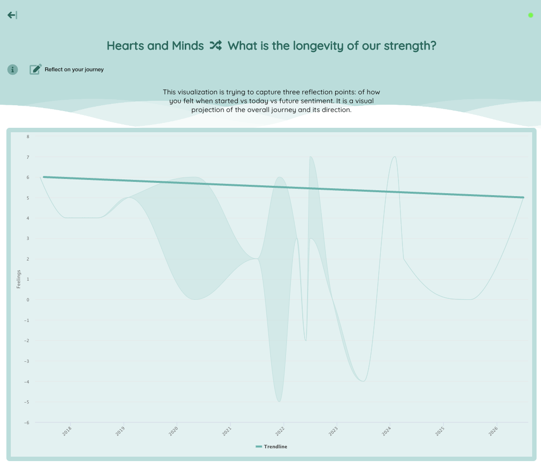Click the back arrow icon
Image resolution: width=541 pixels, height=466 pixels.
tap(12, 15)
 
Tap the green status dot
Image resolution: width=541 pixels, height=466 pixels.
tap(531, 15)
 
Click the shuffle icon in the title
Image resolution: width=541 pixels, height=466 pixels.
tap(216, 45)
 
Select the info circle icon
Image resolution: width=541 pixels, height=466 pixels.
tap(12, 69)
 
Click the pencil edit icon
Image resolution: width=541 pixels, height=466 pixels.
tap(35, 69)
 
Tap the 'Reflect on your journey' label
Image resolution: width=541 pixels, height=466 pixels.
tap(74, 69)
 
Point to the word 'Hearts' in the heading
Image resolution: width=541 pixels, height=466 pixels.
tap(126, 46)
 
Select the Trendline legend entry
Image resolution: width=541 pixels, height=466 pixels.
tap(271, 446)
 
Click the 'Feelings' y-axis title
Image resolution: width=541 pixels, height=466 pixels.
tap(19, 279)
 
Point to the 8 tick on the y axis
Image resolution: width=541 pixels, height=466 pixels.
tap(28, 137)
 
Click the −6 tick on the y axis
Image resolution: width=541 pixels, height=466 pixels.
tap(27, 423)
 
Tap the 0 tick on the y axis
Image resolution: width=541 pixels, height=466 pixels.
tap(28, 300)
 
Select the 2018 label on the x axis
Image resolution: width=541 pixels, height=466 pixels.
tap(67, 431)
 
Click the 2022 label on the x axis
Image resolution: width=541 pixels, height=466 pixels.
tap(280, 431)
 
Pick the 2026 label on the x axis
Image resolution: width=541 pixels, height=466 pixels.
tap(493, 431)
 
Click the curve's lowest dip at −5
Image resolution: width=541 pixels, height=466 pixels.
tap(279, 402)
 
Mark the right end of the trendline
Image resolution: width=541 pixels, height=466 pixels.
tap(523, 198)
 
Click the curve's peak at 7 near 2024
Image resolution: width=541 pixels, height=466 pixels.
tap(395, 157)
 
